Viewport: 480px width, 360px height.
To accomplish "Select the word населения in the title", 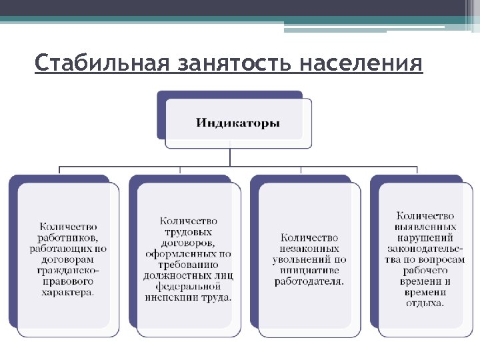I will point(361,65).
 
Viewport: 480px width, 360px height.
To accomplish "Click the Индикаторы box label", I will point(238,123).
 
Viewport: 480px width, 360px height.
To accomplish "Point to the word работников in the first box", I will point(68,237).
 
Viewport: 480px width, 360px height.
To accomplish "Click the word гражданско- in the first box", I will point(68,270).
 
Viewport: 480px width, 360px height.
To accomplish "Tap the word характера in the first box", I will point(67,291).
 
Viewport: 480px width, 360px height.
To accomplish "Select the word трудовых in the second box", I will point(188,232).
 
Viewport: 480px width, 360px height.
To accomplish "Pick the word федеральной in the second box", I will point(188,286).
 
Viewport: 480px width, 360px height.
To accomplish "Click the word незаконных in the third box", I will point(309,248).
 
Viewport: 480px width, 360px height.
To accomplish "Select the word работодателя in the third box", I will point(309,281).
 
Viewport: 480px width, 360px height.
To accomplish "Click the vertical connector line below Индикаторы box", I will point(231,157).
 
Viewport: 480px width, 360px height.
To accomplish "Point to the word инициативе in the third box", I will point(309,270).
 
